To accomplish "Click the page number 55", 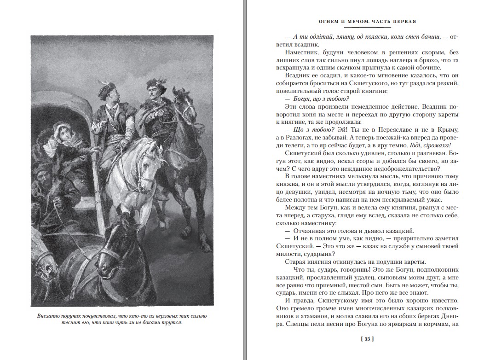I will coord(367,340).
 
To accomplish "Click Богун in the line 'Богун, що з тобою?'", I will coord(302,112).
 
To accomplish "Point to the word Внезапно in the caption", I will coord(51,316).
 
